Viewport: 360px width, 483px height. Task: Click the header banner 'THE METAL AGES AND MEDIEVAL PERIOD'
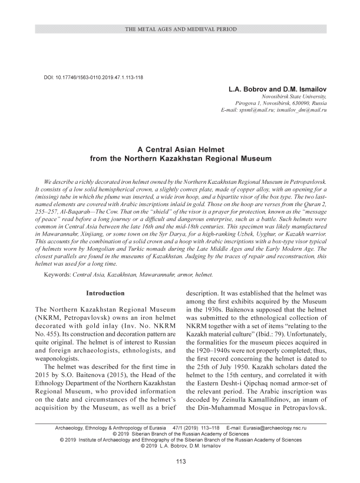180,29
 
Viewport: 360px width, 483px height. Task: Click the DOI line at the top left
93,77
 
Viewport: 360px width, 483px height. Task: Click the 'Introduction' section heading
105,293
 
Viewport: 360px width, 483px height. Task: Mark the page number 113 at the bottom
180,461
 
